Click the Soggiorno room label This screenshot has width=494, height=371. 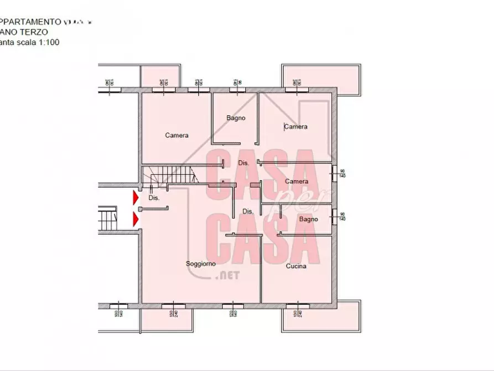pos(201,264)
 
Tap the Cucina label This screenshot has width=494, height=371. pos(296,266)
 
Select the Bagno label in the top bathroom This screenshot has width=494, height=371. pos(236,118)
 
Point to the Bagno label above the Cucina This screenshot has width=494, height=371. pos(308,219)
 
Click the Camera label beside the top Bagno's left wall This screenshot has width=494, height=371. pos(176,135)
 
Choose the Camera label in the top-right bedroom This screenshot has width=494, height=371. pos(296,127)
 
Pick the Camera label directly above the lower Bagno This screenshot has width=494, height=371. pos(297,182)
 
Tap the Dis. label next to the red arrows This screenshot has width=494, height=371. pos(154,198)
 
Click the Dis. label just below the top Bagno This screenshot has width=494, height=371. pos(243,163)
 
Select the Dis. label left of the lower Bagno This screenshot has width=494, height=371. pos(248,211)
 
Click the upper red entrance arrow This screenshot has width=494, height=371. pos(135,197)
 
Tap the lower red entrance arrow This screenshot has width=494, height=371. pos(135,220)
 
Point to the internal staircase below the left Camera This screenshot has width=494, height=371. pos(169,177)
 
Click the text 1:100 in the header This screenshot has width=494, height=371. pos(49,42)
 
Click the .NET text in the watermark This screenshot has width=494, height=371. pos(225,275)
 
